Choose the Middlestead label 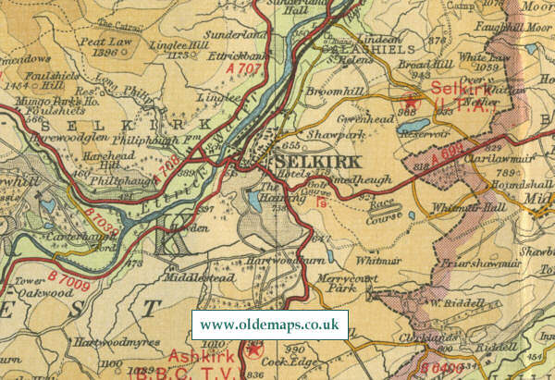(x=193, y=276)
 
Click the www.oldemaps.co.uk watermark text (x=269, y=325)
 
